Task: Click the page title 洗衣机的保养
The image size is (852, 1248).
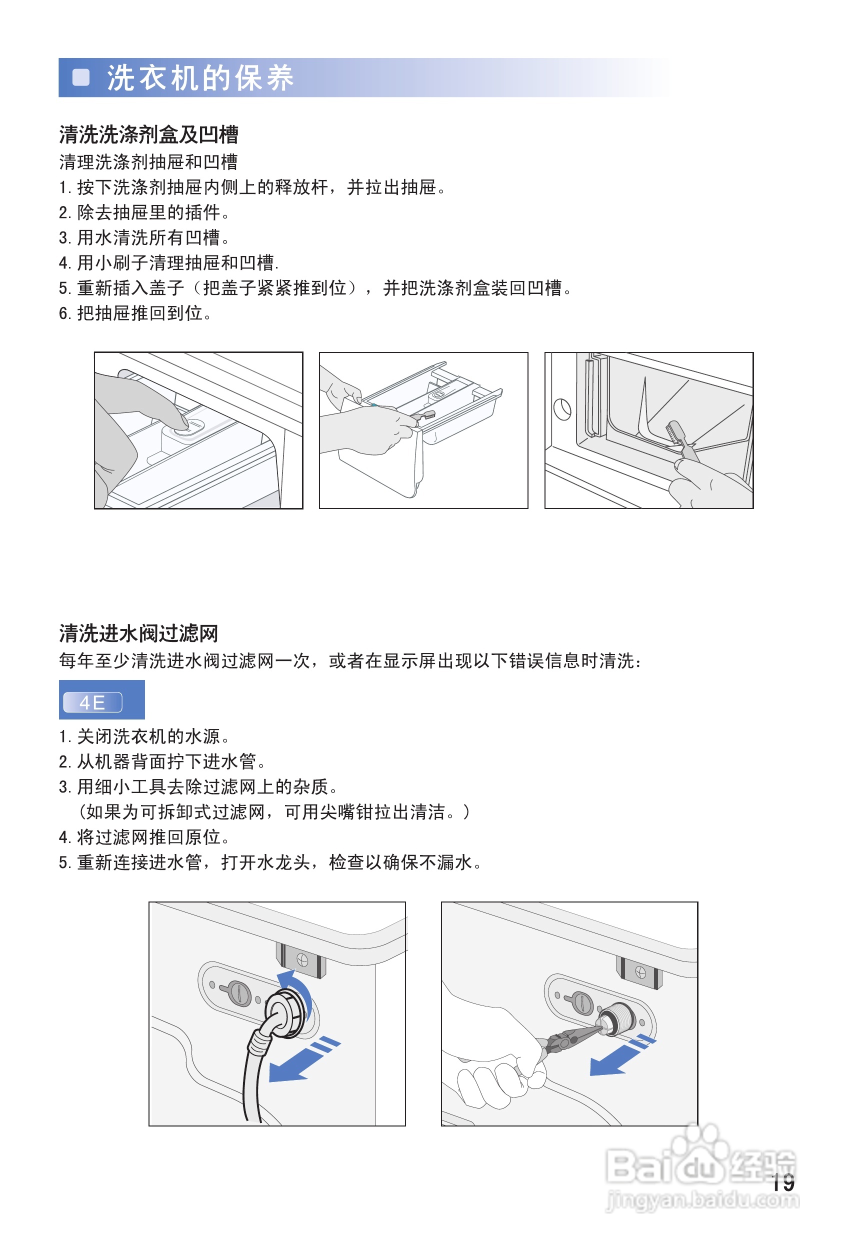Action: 199,78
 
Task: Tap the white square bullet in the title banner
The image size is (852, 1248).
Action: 81,77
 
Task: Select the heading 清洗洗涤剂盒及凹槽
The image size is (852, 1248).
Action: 148,134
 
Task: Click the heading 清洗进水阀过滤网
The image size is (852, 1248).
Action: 138,633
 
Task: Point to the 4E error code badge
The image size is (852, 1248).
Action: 93,702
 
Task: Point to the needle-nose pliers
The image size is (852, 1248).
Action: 569,1037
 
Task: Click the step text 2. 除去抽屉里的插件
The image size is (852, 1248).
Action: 144,212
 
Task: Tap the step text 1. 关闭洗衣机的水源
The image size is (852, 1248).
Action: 144,736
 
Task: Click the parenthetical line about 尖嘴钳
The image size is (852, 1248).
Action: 274,811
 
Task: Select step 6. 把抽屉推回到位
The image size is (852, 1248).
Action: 135,313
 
